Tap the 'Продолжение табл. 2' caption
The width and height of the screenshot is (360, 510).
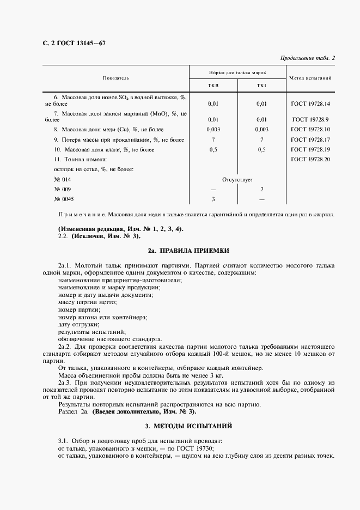coord(307,58)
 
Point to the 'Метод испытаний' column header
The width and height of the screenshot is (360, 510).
coord(310,78)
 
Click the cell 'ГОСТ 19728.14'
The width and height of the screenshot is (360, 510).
coord(310,104)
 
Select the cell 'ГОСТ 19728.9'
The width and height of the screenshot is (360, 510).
coord(310,119)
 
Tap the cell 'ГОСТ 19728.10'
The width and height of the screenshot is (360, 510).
coord(310,129)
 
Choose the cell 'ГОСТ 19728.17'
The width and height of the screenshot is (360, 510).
coord(310,139)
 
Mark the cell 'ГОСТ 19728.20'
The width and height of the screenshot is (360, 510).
coord(310,159)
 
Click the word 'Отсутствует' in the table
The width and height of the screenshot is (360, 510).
coord(237,179)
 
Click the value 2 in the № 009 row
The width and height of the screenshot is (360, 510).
coord(261,189)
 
